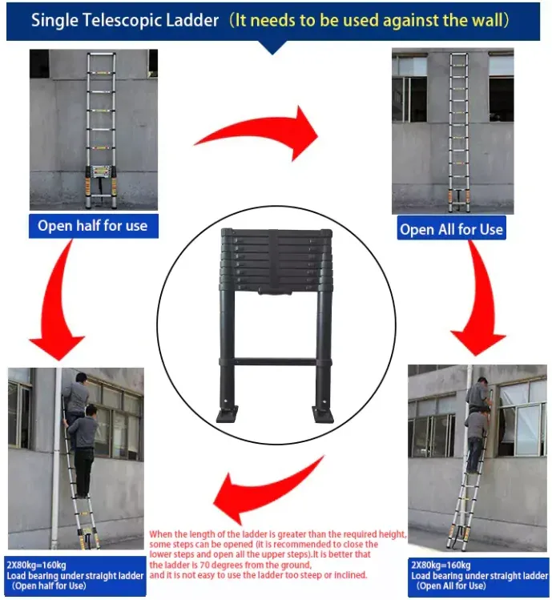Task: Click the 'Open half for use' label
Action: [x=93, y=225]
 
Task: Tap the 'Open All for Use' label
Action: [x=451, y=229]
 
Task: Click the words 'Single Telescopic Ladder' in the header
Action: [x=125, y=19]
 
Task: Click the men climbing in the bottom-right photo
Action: [x=477, y=425]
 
